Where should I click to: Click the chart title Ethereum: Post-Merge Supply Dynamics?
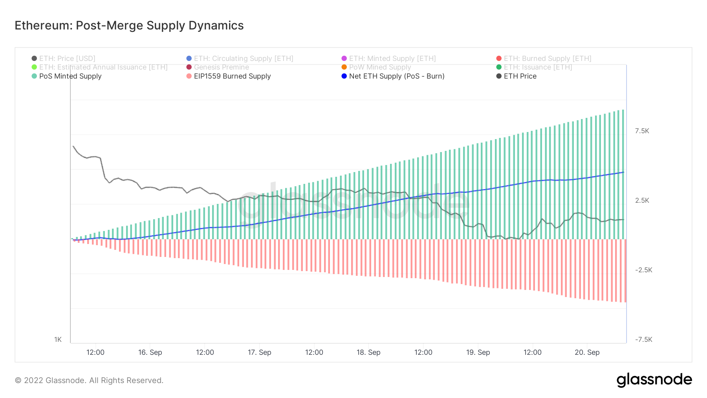point(129,26)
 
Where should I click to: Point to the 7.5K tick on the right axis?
point(642,131)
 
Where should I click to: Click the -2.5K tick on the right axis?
point(643,270)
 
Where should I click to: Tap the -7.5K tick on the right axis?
point(643,339)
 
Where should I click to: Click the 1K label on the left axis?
point(58,339)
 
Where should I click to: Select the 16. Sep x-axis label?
point(150,352)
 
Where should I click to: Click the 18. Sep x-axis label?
point(368,352)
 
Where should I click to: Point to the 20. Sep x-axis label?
point(587,352)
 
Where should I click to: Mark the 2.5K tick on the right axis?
point(642,200)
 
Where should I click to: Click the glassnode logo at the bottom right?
point(654,380)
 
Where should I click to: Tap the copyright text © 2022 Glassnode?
point(89,380)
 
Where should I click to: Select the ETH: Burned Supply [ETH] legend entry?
point(547,59)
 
